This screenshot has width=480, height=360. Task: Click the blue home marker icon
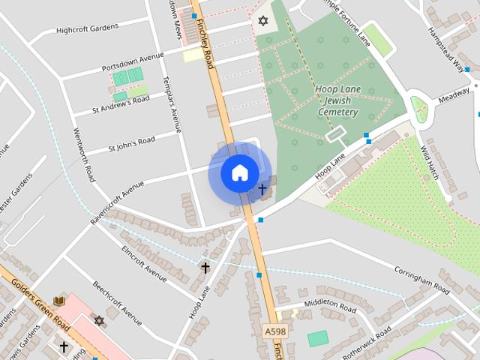point(239,173)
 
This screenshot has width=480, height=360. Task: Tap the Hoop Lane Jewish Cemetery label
point(337,100)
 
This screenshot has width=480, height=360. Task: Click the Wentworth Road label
point(83,154)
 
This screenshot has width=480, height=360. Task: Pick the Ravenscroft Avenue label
point(117,202)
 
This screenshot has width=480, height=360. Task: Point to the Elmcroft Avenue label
point(143,264)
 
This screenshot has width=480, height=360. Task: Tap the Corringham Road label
point(421,278)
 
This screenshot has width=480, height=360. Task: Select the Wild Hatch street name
point(430,154)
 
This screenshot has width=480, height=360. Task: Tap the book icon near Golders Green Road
point(59,301)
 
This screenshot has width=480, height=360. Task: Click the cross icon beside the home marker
point(262,189)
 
